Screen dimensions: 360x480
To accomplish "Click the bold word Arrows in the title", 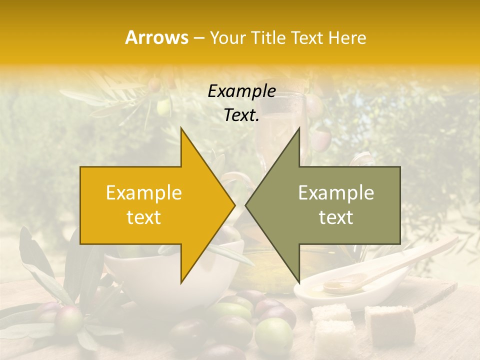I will tap(157, 37).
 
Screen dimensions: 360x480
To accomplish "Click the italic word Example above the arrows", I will tap(241, 91).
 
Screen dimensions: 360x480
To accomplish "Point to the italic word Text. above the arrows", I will tap(241, 115).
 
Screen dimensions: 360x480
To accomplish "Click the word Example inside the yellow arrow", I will tap(144, 193).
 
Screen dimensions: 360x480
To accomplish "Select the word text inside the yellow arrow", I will tap(144, 217).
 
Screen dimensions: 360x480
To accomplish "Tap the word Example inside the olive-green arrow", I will tap(336, 193).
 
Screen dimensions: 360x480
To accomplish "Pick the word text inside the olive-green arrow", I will tap(336, 217).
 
